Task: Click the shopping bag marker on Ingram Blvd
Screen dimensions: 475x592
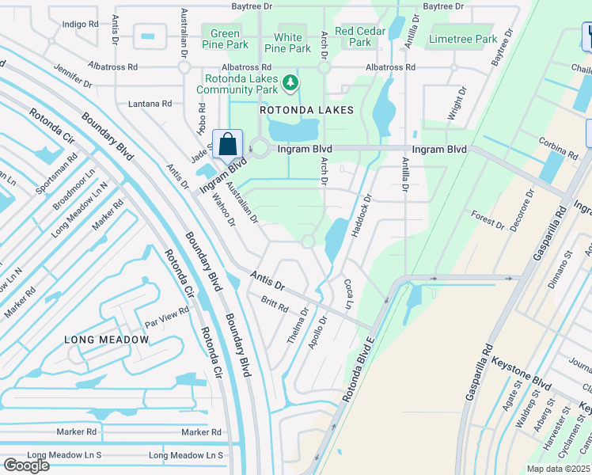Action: pos(227,146)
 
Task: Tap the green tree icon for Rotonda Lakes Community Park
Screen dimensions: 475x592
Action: pos(291,81)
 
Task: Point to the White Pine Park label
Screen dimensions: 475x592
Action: pos(288,43)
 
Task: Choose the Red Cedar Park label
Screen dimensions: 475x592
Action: pos(354,36)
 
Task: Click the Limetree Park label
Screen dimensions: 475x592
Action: pos(463,39)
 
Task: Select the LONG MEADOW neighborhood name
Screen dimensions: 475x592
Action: pos(106,340)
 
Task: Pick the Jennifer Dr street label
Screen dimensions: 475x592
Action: pos(73,78)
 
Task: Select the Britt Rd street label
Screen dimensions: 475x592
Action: pos(275,304)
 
